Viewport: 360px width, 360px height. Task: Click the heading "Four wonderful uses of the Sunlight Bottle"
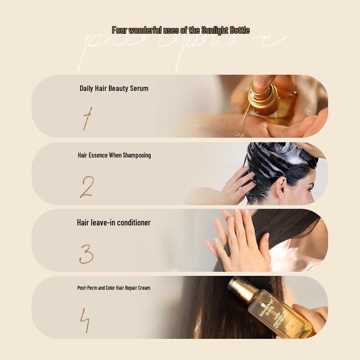click(x=180, y=31)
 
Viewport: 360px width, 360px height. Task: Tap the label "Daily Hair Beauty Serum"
click(x=114, y=88)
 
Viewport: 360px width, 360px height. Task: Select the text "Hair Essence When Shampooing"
click(x=114, y=155)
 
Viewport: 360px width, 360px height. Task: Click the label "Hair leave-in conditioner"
click(x=114, y=223)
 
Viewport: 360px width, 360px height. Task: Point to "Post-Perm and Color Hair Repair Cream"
click(x=114, y=288)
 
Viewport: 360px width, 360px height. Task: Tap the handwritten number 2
click(x=86, y=187)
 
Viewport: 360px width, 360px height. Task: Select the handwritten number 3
click(x=86, y=254)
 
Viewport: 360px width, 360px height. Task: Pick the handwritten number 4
click(x=85, y=321)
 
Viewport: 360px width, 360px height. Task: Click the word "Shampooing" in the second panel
click(x=136, y=155)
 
